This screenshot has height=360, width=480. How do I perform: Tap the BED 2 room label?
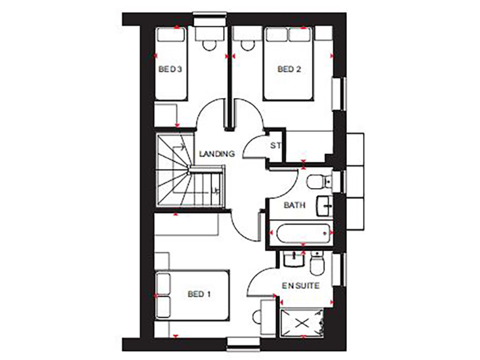289,70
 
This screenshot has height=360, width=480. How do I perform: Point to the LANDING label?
216,153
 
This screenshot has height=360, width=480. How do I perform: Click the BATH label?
294,205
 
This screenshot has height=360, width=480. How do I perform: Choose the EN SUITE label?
301,285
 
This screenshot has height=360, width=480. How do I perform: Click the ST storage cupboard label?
275,146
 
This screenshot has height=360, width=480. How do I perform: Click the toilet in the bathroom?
319,181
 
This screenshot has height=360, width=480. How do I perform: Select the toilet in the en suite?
317,264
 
